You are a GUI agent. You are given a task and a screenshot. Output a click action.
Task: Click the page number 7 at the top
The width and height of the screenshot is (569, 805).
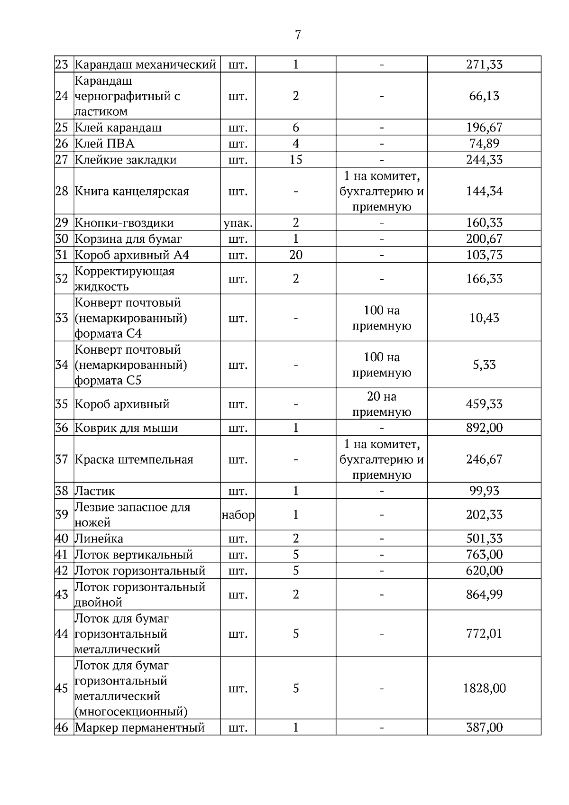click(298, 35)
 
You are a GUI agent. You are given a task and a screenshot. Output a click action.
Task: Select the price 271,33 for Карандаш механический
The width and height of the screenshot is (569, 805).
click(484, 64)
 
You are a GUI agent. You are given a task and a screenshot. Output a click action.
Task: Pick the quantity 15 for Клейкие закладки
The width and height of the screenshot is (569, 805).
click(295, 160)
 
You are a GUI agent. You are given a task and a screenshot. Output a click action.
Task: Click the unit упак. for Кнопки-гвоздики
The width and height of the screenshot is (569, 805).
click(238, 223)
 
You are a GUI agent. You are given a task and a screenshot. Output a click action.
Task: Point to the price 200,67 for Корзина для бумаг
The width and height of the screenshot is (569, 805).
click(484, 239)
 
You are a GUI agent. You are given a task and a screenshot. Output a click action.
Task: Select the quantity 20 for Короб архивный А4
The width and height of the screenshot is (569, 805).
click(295, 255)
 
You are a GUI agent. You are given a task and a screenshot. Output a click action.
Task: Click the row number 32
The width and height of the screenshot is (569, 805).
click(62, 278)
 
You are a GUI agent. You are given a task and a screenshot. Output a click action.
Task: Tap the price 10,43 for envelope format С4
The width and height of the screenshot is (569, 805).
click(484, 318)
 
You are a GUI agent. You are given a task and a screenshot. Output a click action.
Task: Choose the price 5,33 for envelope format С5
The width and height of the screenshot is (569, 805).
click(484, 365)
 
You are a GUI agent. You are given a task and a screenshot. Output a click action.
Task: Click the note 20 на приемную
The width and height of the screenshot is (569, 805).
click(381, 404)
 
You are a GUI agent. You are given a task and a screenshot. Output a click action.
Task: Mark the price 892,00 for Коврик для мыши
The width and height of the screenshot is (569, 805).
click(484, 428)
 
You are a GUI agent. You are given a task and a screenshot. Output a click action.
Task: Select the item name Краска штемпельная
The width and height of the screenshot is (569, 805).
click(134, 459)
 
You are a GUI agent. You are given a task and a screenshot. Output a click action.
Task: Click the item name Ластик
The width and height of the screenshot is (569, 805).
click(95, 491)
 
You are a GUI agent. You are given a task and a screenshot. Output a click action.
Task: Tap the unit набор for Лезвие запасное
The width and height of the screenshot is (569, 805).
click(238, 514)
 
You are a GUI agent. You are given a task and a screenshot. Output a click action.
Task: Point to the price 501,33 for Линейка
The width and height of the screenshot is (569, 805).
click(484, 539)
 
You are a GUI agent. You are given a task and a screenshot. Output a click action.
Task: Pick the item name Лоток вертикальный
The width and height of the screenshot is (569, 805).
click(134, 555)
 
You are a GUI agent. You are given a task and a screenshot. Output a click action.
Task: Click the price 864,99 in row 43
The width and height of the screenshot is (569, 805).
click(484, 595)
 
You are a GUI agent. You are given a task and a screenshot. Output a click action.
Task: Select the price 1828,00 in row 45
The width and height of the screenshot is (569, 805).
click(484, 688)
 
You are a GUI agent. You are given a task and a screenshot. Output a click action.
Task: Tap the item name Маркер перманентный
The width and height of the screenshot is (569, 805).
click(140, 728)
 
